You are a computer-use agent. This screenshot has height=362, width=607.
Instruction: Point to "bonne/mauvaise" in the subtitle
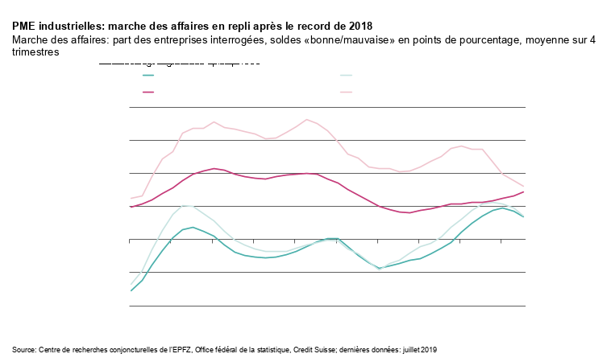[359, 39]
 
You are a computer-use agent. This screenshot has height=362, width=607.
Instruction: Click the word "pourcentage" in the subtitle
[484, 39]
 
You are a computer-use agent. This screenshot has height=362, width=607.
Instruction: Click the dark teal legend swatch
[148, 76]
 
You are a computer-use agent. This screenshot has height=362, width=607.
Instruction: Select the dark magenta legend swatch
[148, 92]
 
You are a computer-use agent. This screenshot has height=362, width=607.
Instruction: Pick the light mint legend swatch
[346, 76]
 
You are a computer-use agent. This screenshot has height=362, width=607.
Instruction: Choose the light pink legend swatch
[346, 92]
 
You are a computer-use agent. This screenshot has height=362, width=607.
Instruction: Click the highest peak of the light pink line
[306, 119]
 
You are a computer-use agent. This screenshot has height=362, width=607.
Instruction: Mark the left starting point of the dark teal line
[131, 290]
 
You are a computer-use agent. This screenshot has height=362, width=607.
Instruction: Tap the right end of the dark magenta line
[524, 191]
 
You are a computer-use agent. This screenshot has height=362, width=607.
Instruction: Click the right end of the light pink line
[524, 187]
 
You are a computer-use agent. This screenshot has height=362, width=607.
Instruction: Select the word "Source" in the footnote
[24, 350]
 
